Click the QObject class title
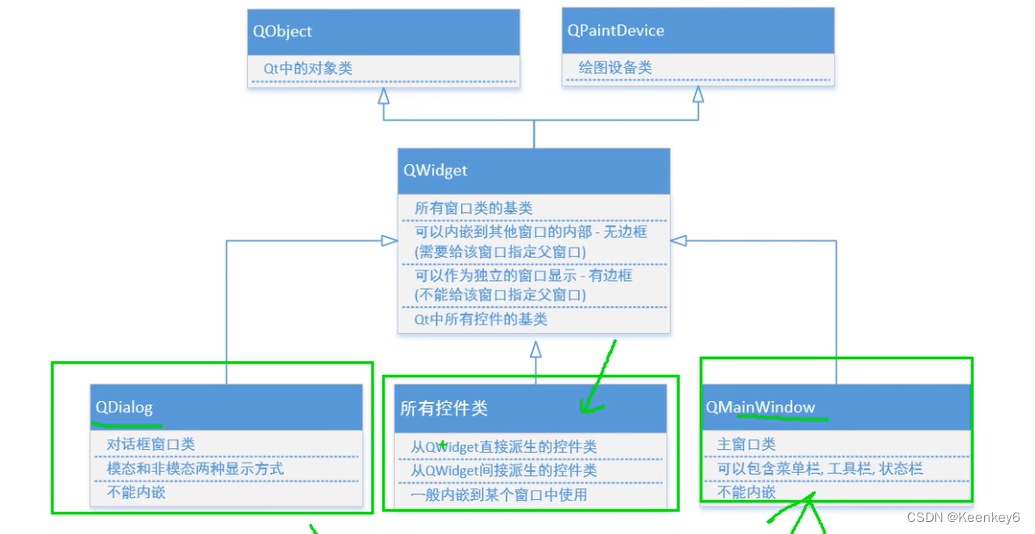point(282,31)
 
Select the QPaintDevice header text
point(615,30)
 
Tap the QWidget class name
point(435,170)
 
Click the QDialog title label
point(123,407)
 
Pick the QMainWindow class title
point(760,407)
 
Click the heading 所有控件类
point(444,408)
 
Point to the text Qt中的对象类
point(308,68)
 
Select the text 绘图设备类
point(615,67)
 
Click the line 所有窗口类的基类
point(473,208)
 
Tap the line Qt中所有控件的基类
point(480,319)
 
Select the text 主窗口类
point(746,444)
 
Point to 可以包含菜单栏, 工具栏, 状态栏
point(819,468)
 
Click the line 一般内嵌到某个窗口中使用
point(498,494)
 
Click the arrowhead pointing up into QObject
point(383,96)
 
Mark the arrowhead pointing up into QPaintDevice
point(697,95)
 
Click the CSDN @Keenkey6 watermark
point(963,517)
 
